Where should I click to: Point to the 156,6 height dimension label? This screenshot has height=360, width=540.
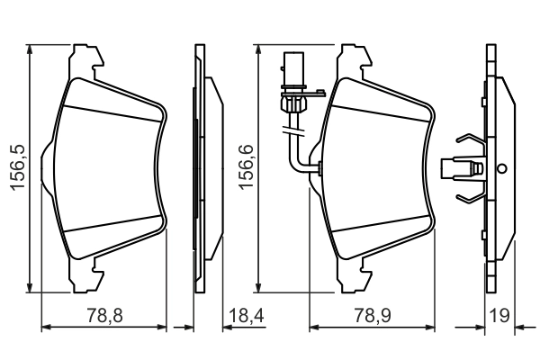tap(242, 167)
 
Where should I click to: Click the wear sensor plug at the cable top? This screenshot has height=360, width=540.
tap(293, 72)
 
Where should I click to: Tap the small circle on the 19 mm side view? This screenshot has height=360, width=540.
tap(502, 167)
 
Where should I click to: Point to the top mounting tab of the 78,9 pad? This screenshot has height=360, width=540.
tap(352, 58)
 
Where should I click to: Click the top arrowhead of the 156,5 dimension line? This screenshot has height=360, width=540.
tap(31, 48)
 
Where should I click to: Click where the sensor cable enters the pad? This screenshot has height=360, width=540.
tap(319, 167)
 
